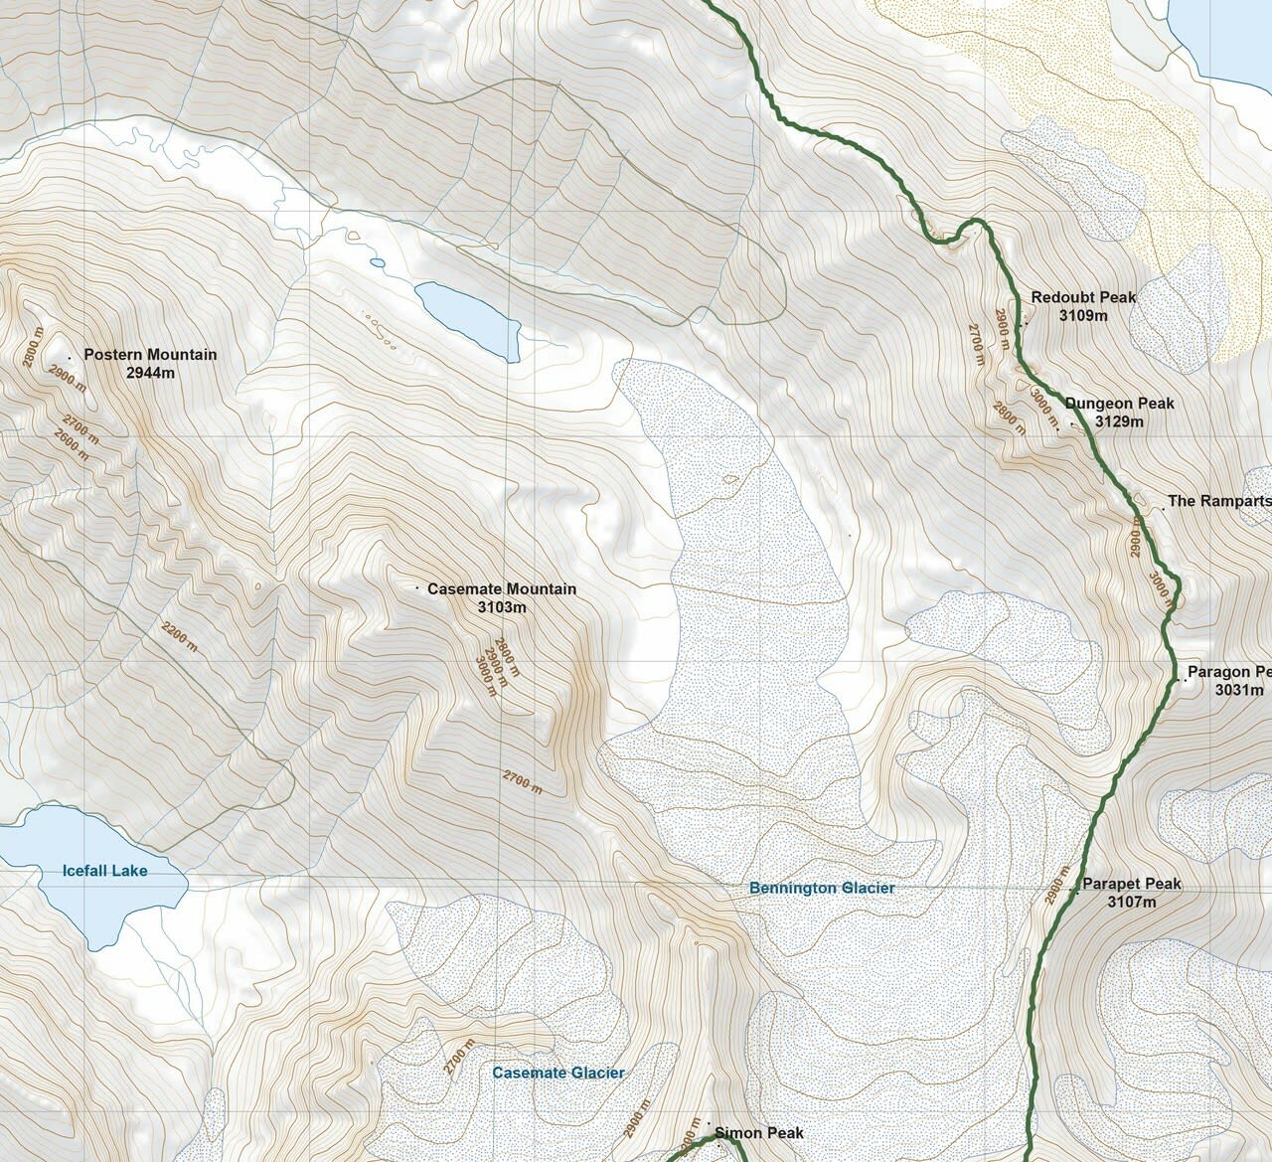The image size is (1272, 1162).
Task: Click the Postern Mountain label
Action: click(150, 355)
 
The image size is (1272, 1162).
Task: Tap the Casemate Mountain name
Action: click(501, 589)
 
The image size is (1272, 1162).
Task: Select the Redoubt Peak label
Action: click(1083, 297)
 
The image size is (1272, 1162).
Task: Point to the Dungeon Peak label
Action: click(1119, 404)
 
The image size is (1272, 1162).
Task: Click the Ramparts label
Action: click(1218, 502)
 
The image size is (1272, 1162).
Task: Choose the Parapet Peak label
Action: click(1131, 884)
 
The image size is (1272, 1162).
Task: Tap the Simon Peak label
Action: click(758, 1133)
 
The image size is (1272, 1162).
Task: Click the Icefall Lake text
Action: click(104, 871)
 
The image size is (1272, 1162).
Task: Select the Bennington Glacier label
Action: click(822, 888)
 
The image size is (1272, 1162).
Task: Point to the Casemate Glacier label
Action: click(558, 1073)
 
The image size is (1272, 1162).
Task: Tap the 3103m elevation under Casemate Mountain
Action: click(501, 606)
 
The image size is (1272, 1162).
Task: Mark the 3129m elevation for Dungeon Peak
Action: click(1119, 421)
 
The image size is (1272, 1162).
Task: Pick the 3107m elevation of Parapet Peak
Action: click(1131, 902)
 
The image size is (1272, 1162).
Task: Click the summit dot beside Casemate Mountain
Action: click(416, 588)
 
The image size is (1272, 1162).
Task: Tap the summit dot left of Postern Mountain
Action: click(69, 356)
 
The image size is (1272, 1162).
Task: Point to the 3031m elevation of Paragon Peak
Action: click(1238, 690)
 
